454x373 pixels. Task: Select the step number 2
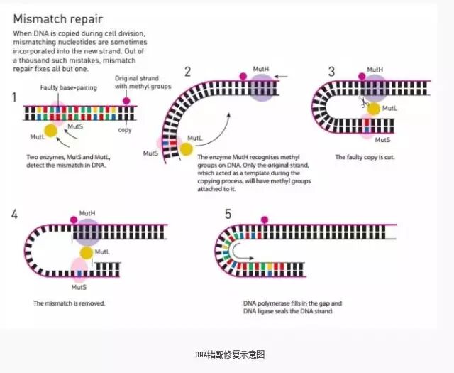pos(188,71)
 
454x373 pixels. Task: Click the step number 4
pos(16,212)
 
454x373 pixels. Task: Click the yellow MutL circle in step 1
pos(51,130)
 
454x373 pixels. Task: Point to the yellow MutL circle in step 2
pos(186,149)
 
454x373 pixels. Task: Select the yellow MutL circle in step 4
pos(86,252)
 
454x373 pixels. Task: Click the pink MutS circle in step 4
pos(79,269)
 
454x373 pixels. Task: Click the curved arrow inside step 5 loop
pos(240,251)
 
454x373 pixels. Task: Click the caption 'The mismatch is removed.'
pos(70,303)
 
